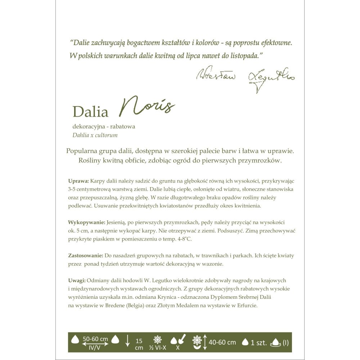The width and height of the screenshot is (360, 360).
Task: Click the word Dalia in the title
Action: click(90, 112)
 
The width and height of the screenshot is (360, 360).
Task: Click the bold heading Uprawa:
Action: click(78, 181)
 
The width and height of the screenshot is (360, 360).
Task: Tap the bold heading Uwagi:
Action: click(77, 280)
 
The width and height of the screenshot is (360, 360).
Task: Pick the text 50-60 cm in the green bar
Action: click(95, 339)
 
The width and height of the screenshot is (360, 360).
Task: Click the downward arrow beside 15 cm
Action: click(127, 341)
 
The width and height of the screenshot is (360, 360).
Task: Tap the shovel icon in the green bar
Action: click(181, 339)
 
